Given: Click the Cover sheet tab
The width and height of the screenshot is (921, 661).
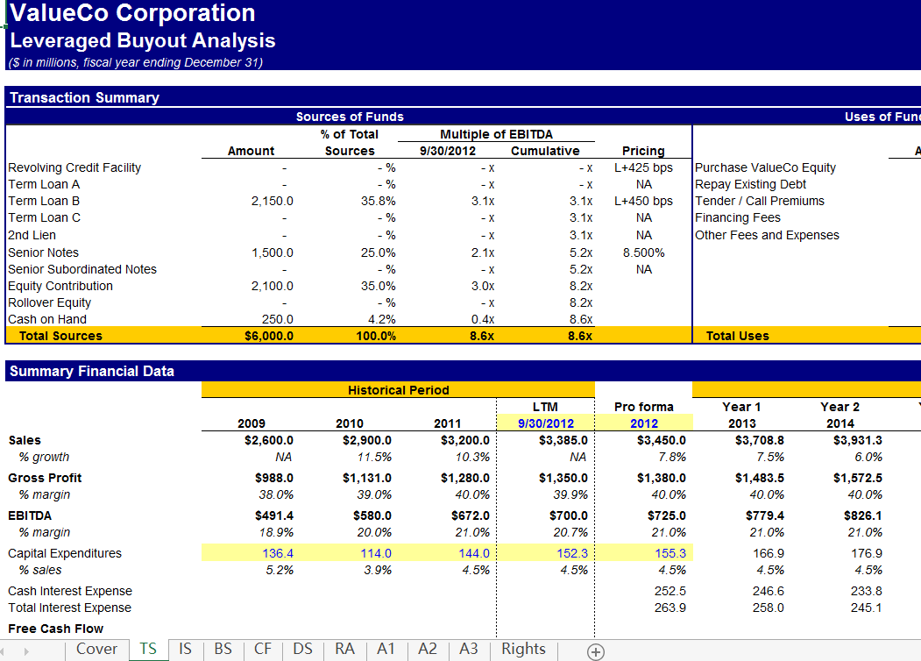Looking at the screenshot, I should click(96, 649).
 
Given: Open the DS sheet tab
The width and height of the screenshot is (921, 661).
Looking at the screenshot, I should click(302, 649).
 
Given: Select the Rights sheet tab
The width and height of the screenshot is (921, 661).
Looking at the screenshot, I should click(523, 649).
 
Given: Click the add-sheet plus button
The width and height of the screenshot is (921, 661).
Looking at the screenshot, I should click(596, 650).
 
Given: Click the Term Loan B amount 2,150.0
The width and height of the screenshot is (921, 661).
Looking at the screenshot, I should click(273, 201).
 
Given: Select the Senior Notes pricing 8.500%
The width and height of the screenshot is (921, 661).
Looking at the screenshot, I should click(643, 252).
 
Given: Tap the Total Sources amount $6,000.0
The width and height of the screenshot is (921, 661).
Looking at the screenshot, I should click(269, 336).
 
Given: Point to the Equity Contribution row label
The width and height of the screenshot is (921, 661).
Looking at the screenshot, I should click(60, 286).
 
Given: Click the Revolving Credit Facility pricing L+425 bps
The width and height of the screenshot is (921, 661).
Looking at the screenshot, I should click(643, 167).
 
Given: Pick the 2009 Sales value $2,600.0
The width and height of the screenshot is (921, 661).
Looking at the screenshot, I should click(269, 440).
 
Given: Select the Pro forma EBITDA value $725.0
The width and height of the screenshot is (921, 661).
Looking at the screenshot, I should click(666, 515).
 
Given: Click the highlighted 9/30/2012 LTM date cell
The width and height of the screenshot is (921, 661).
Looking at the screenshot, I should click(545, 423).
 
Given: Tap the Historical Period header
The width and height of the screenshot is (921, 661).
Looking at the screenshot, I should click(398, 390).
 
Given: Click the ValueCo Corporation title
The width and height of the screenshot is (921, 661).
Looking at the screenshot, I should click(132, 13).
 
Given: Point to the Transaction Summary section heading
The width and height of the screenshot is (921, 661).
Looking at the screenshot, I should click(84, 97).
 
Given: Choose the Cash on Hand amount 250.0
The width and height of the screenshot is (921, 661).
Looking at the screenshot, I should click(277, 319).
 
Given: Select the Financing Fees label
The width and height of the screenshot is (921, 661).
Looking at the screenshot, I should click(737, 217).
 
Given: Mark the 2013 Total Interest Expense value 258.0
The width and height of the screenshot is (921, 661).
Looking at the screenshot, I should click(768, 608).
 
